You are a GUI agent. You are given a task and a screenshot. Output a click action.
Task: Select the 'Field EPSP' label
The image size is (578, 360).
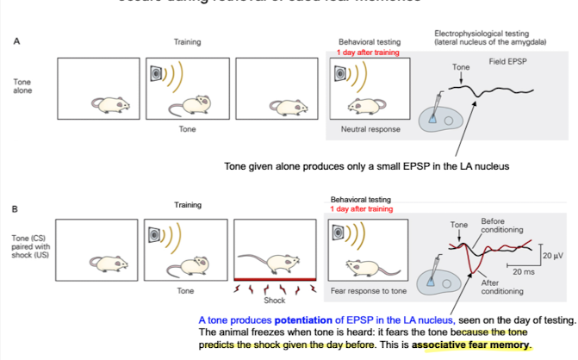click(x=508, y=63)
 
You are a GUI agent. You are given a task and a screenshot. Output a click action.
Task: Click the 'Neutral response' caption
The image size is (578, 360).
click(x=362, y=130)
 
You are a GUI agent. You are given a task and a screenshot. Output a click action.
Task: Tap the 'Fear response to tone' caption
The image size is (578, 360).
click(x=367, y=290)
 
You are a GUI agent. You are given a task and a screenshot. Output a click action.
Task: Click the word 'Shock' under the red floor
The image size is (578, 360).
click(x=274, y=301)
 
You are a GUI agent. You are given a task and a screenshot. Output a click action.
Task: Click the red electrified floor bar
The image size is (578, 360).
click(x=274, y=278)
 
